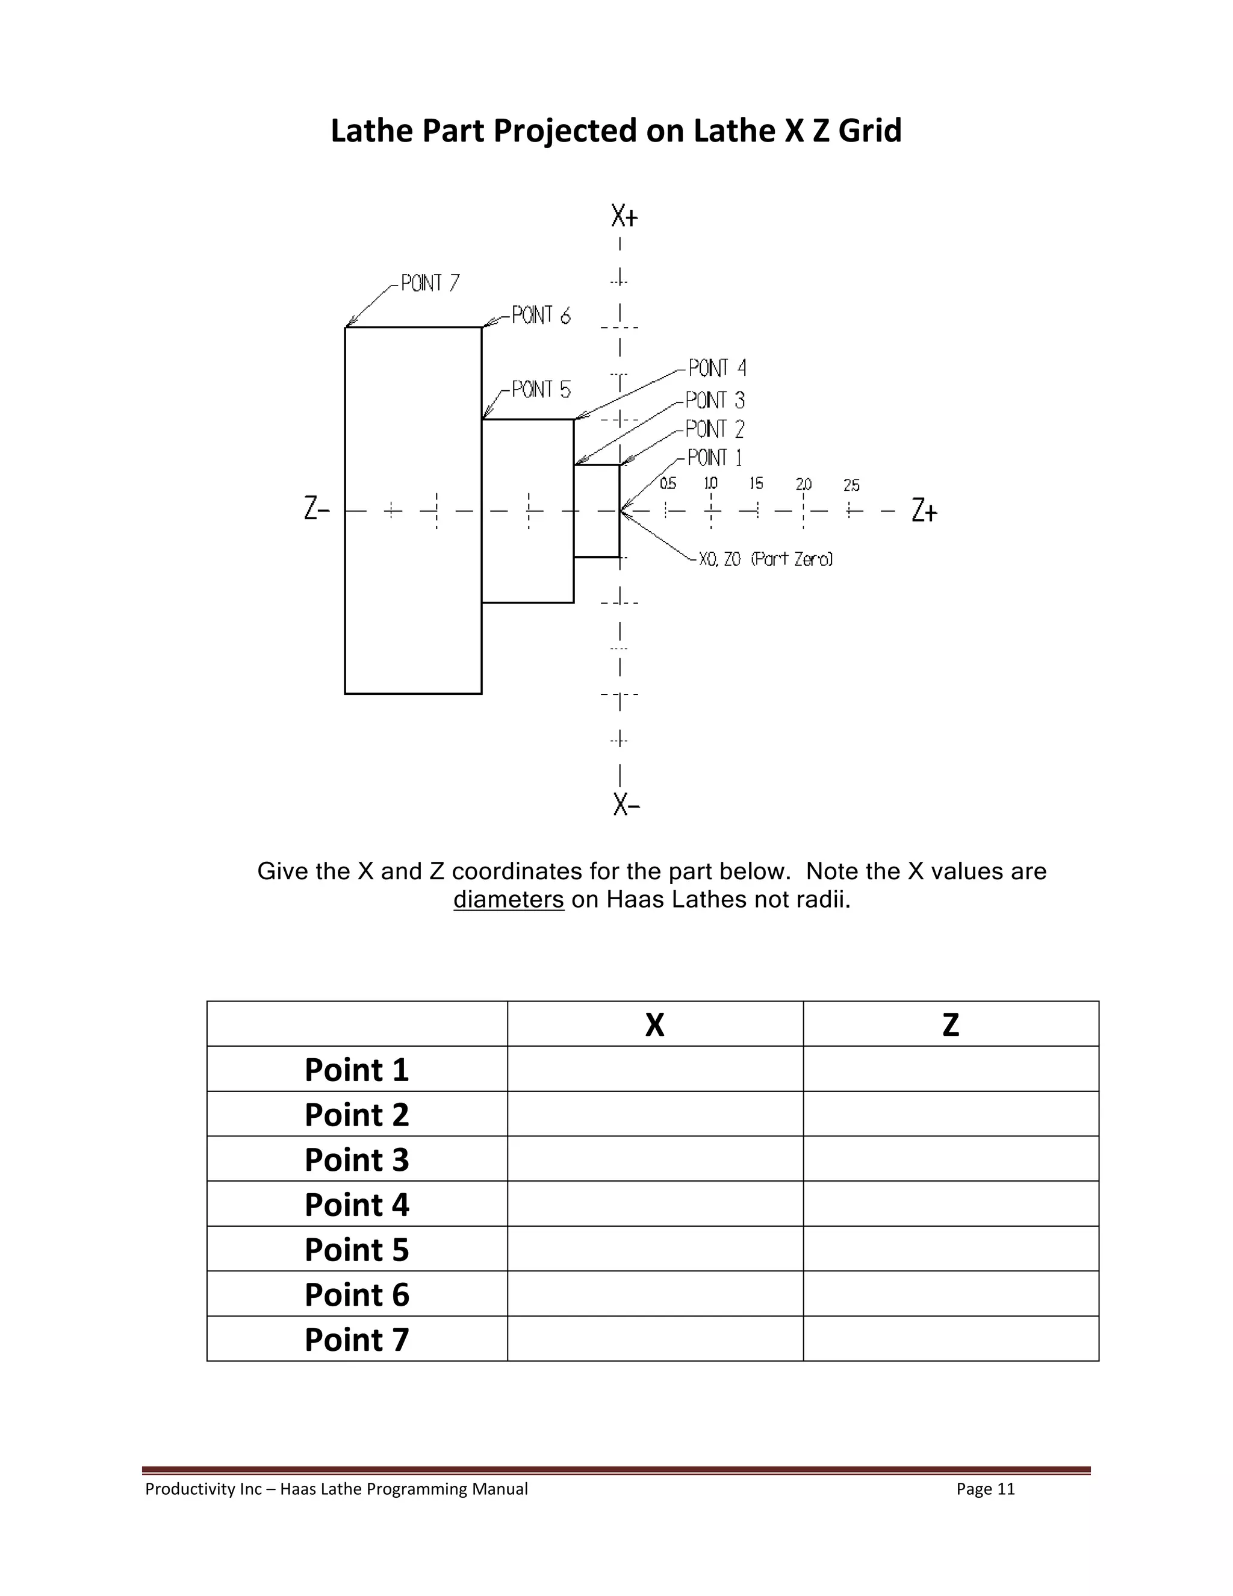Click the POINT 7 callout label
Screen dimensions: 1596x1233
(x=430, y=283)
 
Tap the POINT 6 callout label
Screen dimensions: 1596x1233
(x=541, y=316)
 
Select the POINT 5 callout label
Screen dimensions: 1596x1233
(x=541, y=390)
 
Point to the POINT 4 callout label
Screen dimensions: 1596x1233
(x=717, y=367)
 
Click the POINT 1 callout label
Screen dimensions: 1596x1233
(x=715, y=458)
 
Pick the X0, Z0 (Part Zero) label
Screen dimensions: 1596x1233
(x=765, y=559)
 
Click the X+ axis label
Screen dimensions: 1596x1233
(x=624, y=216)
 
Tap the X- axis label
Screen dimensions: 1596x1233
(x=627, y=805)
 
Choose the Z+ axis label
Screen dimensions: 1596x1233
(x=924, y=510)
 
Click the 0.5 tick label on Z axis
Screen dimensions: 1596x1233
(x=668, y=484)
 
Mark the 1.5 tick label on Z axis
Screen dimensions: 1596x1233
(x=756, y=484)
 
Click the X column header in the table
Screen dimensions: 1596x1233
(x=654, y=1024)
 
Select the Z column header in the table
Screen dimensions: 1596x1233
(x=950, y=1024)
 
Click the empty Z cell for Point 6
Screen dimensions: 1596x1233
(x=950, y=1294)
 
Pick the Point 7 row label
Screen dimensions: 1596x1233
(x=356, y=1339)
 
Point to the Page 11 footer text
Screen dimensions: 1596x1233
(x=986, y=1489)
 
